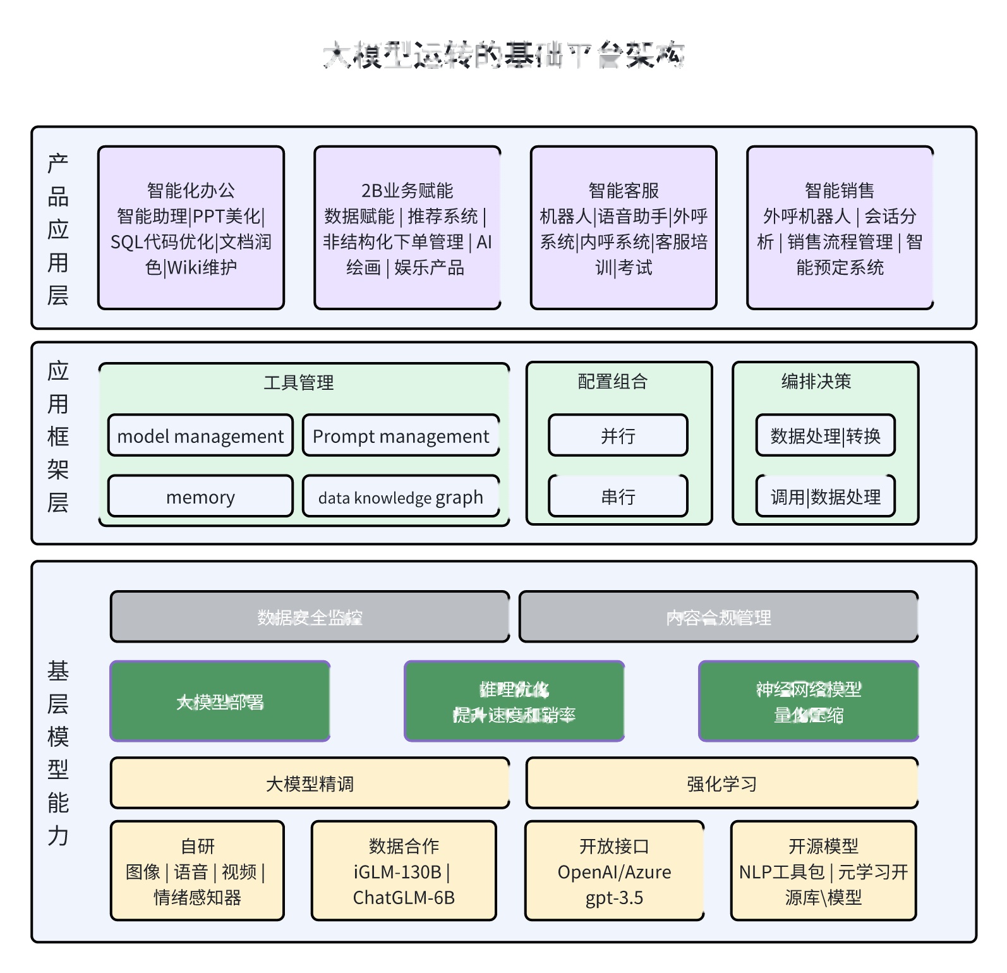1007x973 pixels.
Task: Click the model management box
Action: [200, 435]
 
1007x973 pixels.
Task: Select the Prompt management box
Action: [401, 435]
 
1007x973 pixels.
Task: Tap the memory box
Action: [200, 497]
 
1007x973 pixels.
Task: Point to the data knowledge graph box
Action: [401, 497]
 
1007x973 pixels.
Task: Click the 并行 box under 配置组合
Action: [618, 435]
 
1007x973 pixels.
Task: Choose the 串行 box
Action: [618, 497]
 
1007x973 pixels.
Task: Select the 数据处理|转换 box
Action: [825, 435]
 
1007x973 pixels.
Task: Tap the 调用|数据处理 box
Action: [825, 497]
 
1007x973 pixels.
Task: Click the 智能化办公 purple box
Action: [191, 228]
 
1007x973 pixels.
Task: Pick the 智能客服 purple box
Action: [624, 228]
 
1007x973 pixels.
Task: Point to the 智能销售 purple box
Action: [840, 228]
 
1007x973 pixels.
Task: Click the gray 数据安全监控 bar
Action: [310, 617]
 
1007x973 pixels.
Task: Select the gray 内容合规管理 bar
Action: [718, 617]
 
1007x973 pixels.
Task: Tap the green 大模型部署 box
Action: [220, 701]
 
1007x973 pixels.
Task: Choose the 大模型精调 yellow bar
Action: [310, 783]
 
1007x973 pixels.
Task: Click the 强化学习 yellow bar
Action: [721, 783]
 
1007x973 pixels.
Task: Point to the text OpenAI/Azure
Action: [614, 872]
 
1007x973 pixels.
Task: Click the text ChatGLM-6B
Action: [404, 897]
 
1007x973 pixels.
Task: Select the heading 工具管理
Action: [298, 382]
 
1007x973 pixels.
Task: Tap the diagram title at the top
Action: [503, 55]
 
